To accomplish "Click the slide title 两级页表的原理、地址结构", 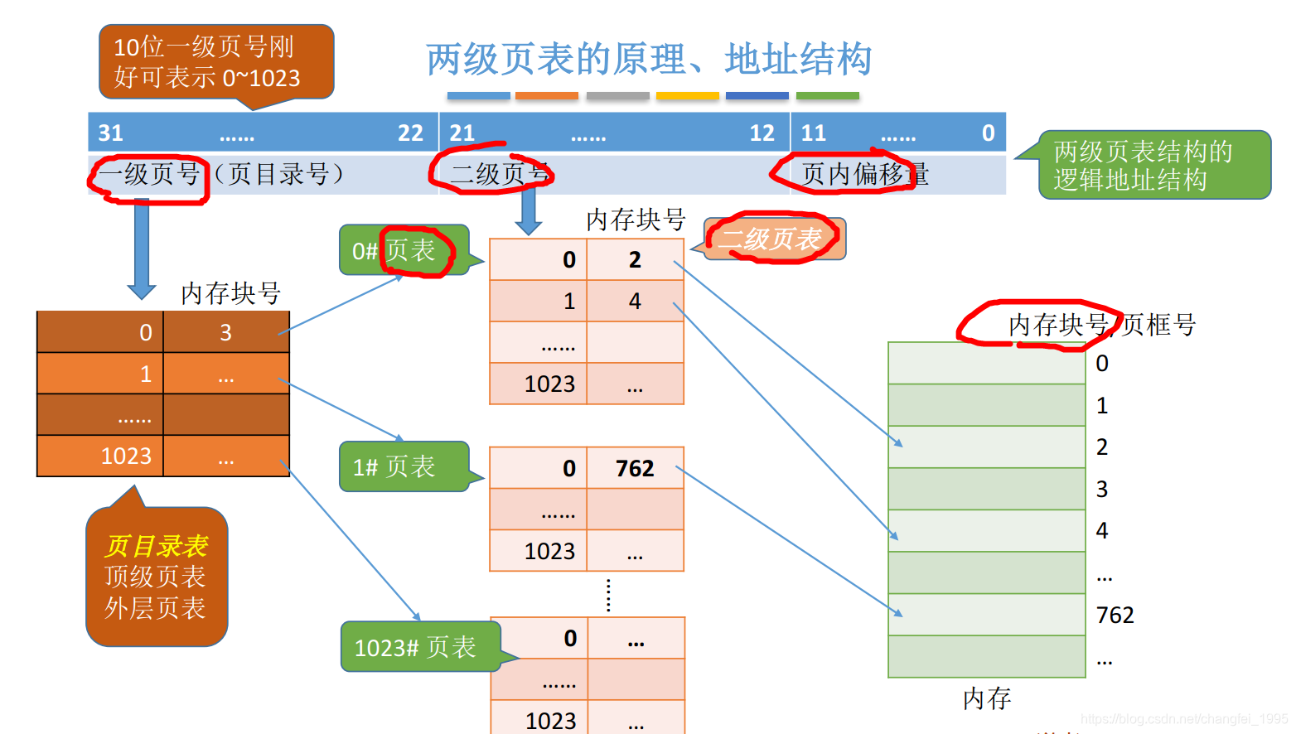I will click(649, 60).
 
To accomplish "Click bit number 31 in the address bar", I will click(110, 133).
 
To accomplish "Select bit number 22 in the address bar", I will click(410, 133).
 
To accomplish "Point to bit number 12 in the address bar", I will click(762, 133).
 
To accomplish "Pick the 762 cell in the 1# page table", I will click(635, 469).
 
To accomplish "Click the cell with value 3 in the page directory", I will click(225, 333).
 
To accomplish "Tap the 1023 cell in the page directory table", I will click(126, 456).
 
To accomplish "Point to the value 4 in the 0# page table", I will click(635, 302).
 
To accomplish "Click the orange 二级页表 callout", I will click(772, 239).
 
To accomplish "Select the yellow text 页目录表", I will click(156, 546).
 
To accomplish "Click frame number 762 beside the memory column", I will click(1115, 616).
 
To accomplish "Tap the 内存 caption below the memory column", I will click(987, 699).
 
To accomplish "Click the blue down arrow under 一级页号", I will click(142, 249).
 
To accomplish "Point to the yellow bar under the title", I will click(687, 96).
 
